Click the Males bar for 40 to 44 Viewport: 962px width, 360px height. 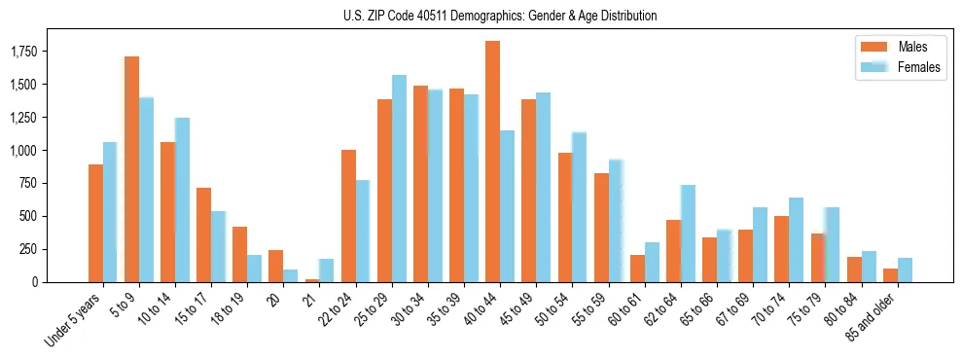(x=492, y=162)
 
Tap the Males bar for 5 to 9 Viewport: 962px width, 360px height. (x=131, y=169)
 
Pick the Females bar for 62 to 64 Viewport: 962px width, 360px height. (x=688, y=234)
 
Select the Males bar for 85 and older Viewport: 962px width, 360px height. (x=890, y=275)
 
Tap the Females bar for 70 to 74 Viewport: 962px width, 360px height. (x=796, y=239)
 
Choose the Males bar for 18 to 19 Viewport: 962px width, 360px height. (x=239, y=254)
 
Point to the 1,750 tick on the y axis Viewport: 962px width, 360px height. (x=38, y=51)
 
